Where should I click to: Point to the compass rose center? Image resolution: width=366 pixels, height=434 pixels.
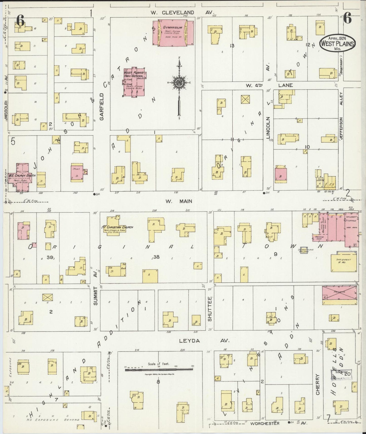pos(179,82)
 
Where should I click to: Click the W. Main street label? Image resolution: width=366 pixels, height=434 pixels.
pos(179,201)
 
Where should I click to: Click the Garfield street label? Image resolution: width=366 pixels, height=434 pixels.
pos(102,106)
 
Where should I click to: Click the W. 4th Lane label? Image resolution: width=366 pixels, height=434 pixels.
pos(269,85)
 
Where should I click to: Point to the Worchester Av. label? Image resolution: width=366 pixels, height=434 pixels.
pos(268,423)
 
